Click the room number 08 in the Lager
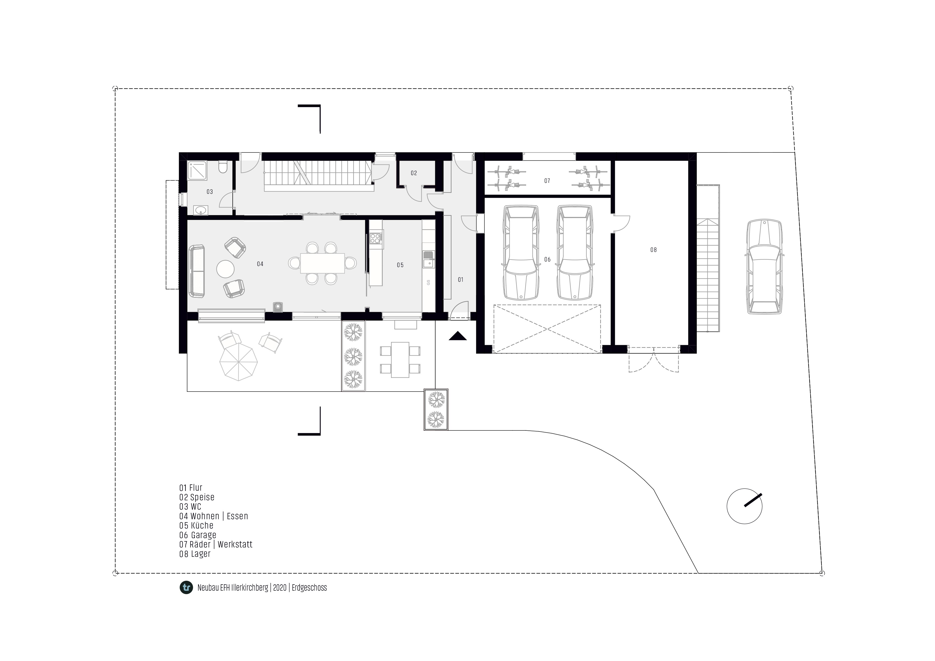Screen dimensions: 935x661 tap(653, 250)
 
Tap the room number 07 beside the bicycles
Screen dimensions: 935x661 tap(547, 181)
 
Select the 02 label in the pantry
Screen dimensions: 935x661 tap(414, 173)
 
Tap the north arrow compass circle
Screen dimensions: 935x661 tap(744, 506)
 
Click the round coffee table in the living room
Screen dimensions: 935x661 tap(225, 269)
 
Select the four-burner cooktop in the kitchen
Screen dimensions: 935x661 tap(376, 237)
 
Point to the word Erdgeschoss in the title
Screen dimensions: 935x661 tap(309, 588)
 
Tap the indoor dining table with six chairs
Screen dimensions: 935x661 tap(322, 263)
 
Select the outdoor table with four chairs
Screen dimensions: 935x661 tap(400, 360)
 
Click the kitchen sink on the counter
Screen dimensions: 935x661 tap(428, 259)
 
